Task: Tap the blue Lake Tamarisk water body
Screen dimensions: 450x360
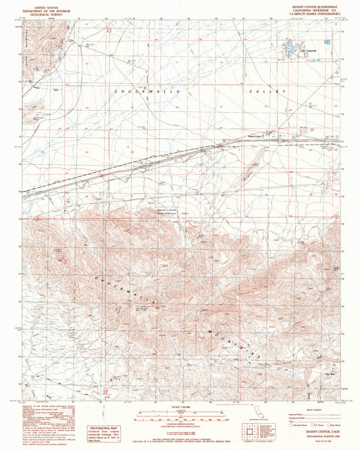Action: pyautogui.click(x=288, y=48)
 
